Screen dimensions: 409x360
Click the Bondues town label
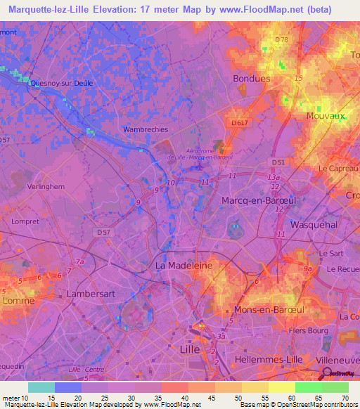click(251, 79)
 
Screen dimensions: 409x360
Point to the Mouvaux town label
click(326, 116)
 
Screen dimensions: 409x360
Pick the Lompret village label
click(26, 221)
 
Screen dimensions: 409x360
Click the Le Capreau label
click(337, 169)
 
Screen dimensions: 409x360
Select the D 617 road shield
click(239, 123)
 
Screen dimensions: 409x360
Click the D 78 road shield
click(282, 39)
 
